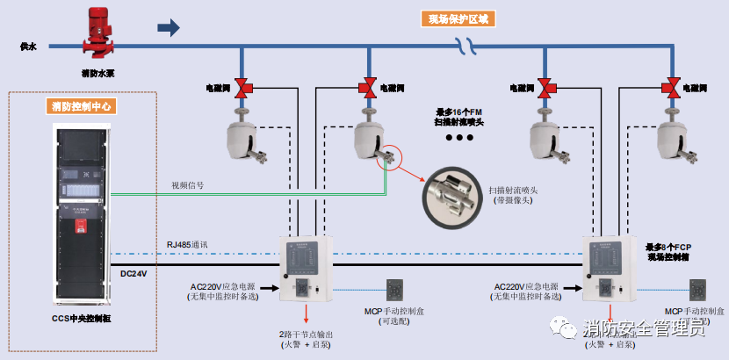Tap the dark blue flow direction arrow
coord(168,28)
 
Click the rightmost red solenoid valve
coord(672,89)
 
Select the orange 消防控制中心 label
coord(83,107)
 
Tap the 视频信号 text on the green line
coord(188,185)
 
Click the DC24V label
coord(134,274)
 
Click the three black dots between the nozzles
coord(458,139)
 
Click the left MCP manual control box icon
coord(395,291)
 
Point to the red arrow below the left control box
coord(307,313)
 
